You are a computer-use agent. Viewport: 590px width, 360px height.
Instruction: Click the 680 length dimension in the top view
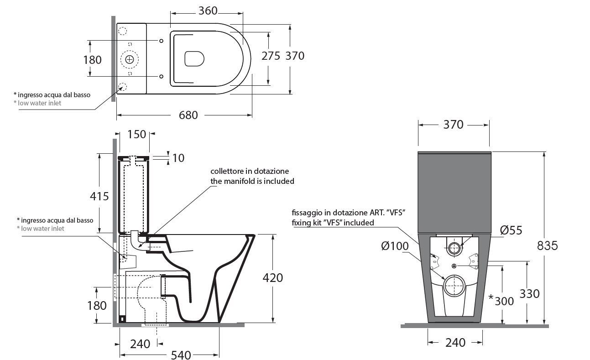[188, 115]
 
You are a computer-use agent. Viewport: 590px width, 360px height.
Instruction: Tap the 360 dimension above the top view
[208, 11]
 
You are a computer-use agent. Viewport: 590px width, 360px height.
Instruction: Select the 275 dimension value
[271, 56]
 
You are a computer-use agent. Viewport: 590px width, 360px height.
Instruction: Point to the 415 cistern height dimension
[99, 196]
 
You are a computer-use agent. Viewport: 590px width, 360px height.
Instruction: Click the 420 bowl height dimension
[272, 278]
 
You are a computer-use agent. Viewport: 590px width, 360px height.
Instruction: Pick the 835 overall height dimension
[547, 246]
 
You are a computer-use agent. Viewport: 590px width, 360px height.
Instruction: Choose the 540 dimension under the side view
[181, 355]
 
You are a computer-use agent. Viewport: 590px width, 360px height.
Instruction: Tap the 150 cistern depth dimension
[136, 134]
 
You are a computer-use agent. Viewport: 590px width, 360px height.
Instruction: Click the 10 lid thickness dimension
[178, 158]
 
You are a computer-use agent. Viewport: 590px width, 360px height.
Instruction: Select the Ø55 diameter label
[511, 230]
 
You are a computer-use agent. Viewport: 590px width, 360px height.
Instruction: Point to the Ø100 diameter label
[395, 246]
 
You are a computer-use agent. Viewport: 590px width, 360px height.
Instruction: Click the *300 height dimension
[501, 301]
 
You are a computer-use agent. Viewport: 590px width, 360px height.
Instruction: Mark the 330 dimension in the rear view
[529, 294]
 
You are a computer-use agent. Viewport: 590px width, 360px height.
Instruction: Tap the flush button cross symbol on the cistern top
[129, 60]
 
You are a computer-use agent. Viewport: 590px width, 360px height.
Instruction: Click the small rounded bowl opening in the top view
[194, 58]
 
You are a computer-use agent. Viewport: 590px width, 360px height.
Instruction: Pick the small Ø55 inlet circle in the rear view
[454, 248]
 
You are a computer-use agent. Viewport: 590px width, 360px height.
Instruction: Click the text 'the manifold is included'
[252, 181]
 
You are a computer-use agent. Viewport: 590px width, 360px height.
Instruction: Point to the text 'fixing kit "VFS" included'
[333, 223]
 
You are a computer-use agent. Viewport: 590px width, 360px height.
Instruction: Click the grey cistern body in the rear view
[454, 193]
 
